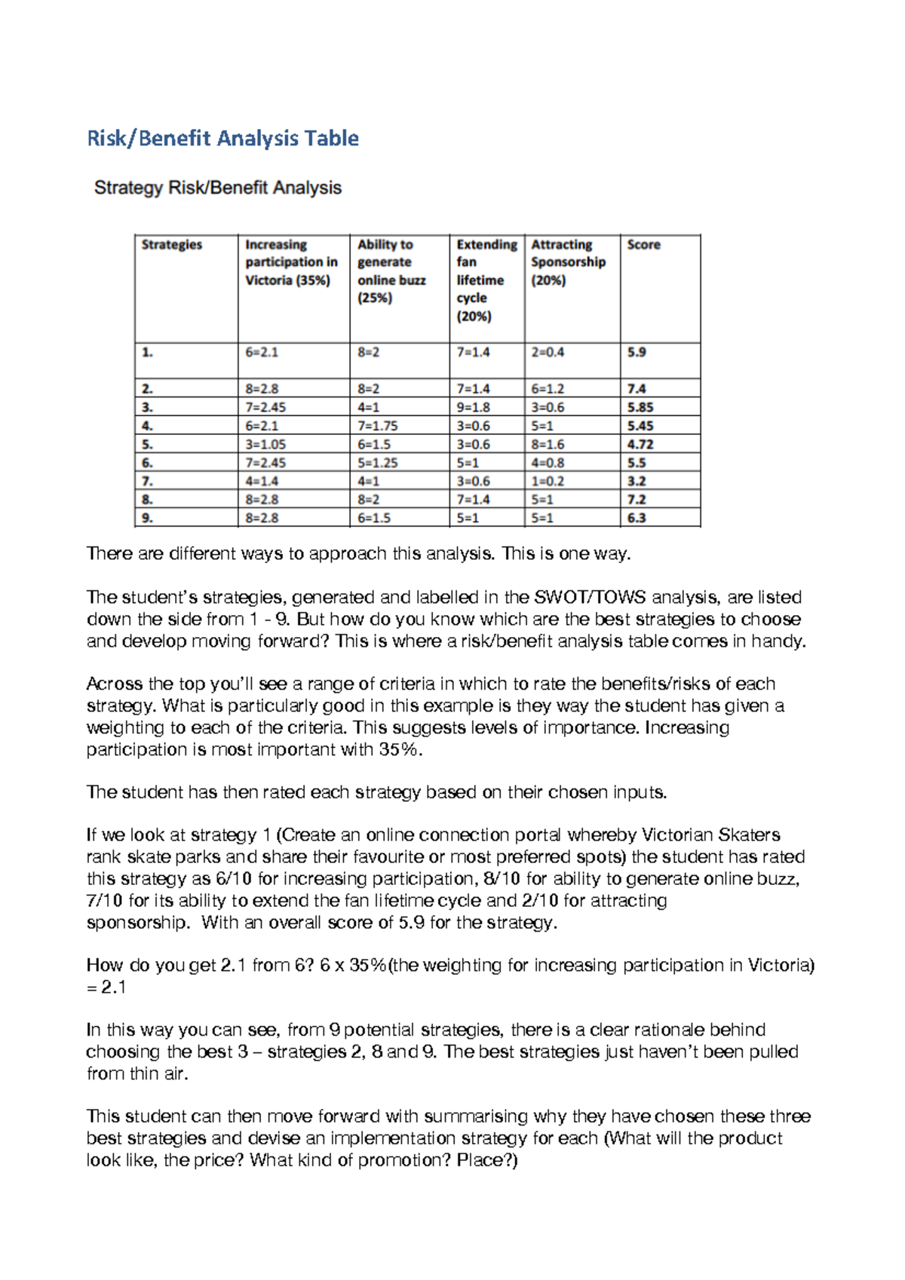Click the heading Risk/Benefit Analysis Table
(222, 139)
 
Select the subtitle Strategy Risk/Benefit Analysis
(217, 188)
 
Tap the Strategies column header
(172, 245)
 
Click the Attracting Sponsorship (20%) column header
(568, 262)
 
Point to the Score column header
(643, 245)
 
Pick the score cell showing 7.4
(637, 389)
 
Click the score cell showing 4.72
(640, 445)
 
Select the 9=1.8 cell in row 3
(473, 407)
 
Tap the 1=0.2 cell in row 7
(548, 481)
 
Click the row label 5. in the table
(148, 445)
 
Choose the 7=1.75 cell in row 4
(377, 426)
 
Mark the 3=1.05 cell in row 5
(265, 445)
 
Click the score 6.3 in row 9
(637, 518)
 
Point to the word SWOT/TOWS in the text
(590, 598)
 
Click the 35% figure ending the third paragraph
(397, 750)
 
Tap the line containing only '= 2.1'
(106, 988)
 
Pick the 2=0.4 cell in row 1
(548, 352)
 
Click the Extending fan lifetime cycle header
(486, 280)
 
